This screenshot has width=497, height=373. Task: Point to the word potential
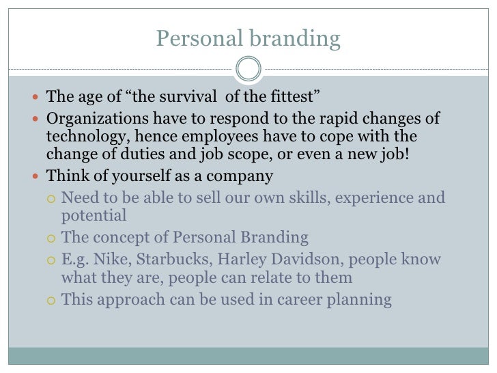coord(94,216)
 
